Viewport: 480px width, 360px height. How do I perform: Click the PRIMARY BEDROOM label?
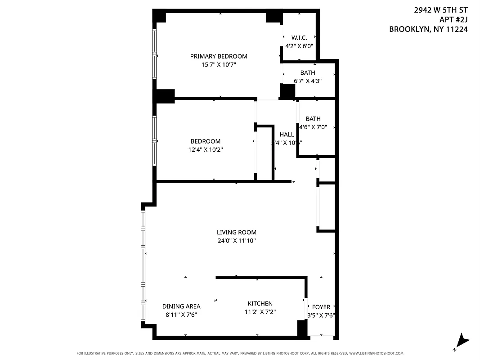coord(219,56)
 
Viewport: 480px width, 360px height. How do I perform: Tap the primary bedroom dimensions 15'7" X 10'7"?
coord(219,65)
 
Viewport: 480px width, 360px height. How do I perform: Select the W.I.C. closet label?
coord(299,38)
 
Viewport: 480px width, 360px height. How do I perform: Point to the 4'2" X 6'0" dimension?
coord(299,46)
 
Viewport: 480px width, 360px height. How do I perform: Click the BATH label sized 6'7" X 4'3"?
coord(308,72)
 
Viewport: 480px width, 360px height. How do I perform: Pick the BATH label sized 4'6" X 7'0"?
coord(313,119)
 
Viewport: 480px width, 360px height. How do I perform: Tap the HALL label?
coord(287,135)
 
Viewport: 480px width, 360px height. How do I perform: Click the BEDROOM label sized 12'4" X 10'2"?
coord(205,141)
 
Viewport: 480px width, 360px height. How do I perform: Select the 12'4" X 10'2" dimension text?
coord(205,149)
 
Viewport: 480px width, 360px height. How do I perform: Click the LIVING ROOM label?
coord(237,232)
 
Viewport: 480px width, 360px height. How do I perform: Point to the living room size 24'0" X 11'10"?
coord(237,240)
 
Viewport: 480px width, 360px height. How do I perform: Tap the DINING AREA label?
coord(181,306)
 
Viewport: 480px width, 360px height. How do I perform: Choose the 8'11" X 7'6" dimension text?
coord(181,315)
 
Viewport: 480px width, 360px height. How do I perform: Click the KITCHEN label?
coord(260,304)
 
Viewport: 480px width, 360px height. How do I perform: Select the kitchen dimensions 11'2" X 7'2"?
coord(260,312)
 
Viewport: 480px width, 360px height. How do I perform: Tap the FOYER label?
coord(321,307)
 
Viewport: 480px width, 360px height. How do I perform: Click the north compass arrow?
coord(462,342)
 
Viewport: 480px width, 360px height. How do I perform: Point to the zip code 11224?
coord(456,29)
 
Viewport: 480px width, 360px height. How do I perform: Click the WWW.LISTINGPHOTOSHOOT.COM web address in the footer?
coord(376,353)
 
